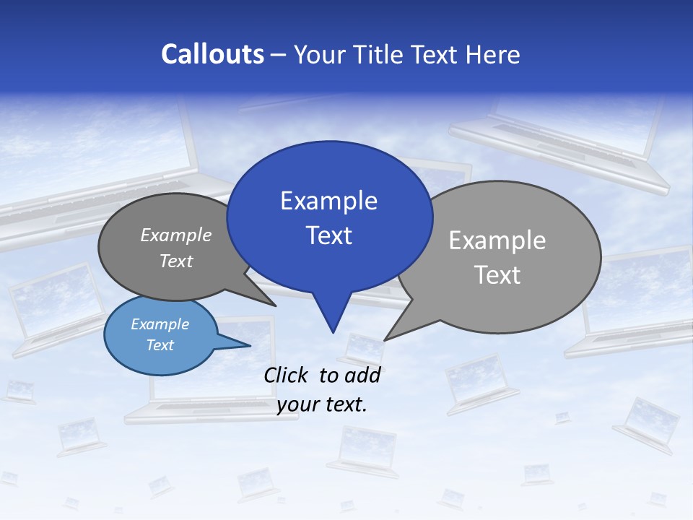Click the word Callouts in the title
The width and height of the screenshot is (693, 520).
coord(212,54)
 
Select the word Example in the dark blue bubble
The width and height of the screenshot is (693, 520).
coord(328,200)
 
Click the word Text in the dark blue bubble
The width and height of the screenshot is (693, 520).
coord(328,235)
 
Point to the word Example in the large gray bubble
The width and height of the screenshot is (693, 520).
coord(497,240)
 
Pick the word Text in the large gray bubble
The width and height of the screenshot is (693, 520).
coord(497,274)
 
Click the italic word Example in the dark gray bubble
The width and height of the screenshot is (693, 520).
coord(176,235)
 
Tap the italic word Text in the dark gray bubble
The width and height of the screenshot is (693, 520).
coord(176,261)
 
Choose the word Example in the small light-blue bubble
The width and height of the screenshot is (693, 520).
coord(160,324)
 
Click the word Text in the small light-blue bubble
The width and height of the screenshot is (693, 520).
coord(160,345)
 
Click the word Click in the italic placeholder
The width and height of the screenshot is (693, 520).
coord(287,375)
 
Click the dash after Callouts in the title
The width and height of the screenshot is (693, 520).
coord(279,54)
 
